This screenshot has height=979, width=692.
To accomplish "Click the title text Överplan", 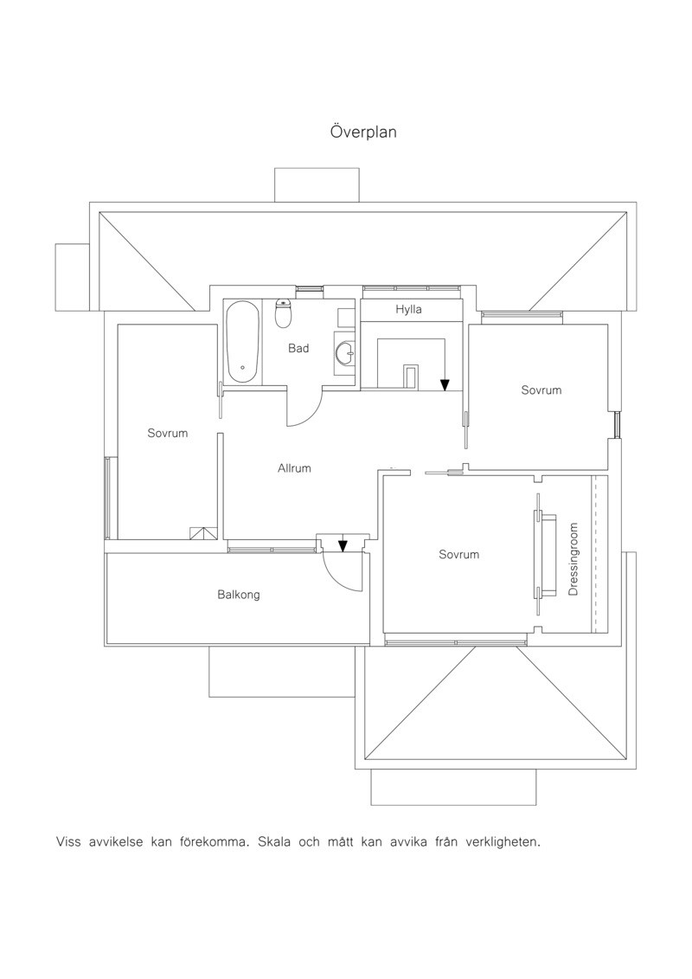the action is (x=363, y=132).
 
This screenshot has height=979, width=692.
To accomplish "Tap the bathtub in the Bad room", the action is (x=243, y=343).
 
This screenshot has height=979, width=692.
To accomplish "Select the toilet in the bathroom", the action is (x=284, y=313).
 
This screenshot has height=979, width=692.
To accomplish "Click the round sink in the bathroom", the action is (x=344, y=354).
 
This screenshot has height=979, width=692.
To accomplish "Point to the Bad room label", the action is (x=298, y=348).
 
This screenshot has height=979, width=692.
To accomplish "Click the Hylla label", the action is (x=408, y=310).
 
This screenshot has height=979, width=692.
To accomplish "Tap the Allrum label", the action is (x=294, y=468).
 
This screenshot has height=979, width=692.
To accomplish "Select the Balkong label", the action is (x=239, y=595).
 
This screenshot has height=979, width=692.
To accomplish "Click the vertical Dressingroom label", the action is (x=574, y=559).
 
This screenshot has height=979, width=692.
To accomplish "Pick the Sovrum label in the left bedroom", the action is (x=167, y=434).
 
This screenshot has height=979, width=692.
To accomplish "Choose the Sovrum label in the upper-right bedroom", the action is (x=541, y=390).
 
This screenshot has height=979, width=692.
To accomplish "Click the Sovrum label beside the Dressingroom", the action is (x=458, y=555).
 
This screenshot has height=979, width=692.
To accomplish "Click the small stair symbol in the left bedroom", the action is (x=204, y=533).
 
